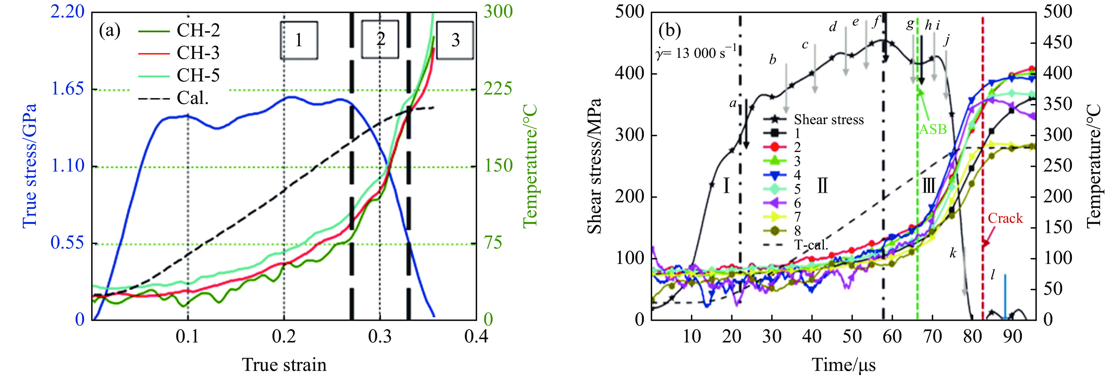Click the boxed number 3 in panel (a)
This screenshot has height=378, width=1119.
pyautogui.click(x=455, y=40)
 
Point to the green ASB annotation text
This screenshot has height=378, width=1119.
pyautogui.click(x=932, y=129)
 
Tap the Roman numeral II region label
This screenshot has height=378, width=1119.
pyautogui.click(x=822, y=186)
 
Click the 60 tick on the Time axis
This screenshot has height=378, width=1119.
pyautogui.click(x=892, y=336)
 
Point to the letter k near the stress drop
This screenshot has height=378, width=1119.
pyautogui.click(x=953, y=253)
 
